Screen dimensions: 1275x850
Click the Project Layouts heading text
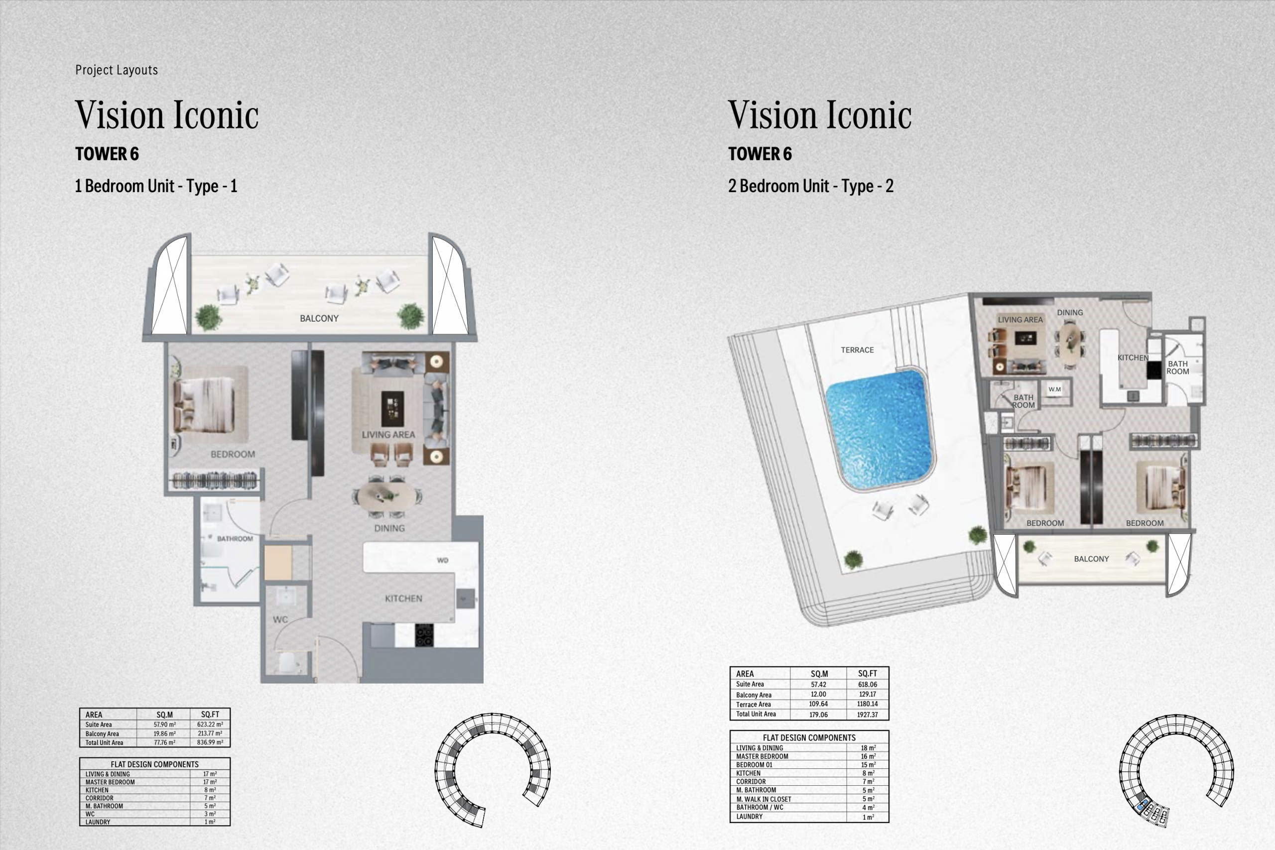[117, 70]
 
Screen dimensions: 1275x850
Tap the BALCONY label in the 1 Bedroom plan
[319, 318]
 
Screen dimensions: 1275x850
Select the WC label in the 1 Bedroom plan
[280, 619]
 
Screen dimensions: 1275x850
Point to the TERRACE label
[857, 350]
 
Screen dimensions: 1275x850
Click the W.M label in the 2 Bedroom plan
[1054, 389]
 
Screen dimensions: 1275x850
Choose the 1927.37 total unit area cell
[867, 715]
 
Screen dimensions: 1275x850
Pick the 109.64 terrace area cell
[819, 704]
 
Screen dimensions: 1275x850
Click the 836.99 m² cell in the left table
[210, 742]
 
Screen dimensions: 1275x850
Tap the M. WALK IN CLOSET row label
[764, 799]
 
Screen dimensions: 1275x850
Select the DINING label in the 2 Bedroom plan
[1069, 312]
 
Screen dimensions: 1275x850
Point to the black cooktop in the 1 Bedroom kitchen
[424, 635]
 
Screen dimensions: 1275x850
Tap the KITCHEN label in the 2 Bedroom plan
[1133, 358]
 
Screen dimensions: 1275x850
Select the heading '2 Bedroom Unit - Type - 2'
[810, 186]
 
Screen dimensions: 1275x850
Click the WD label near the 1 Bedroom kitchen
[442, 561]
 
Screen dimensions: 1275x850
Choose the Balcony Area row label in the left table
[102, 733]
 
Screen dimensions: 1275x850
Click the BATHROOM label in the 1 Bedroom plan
[235, 538]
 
